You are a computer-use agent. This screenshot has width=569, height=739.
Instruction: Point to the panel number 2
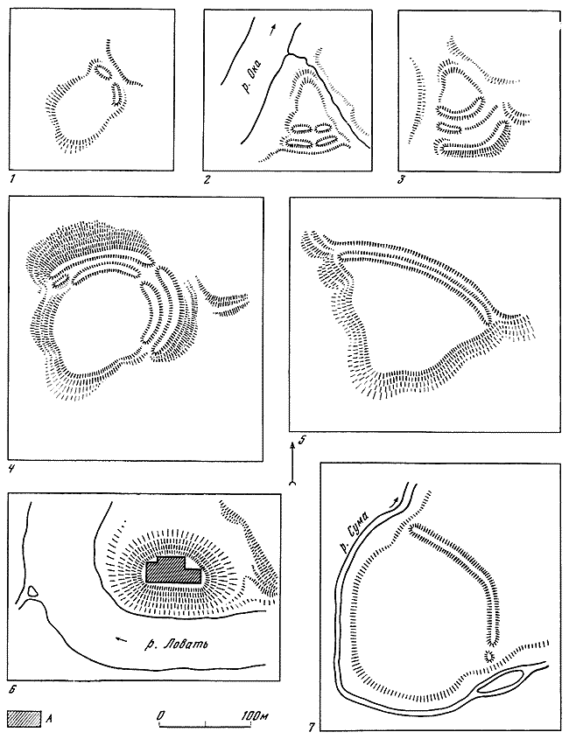tap(207, 179)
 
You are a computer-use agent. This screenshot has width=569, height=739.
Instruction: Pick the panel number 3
tap(402, 179)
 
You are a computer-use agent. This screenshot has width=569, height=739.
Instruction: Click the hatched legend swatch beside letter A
tap(24, 717)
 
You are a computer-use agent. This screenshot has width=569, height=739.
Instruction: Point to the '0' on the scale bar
tap(161, 715)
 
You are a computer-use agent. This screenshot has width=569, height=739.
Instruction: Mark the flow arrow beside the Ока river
tap(272, 30)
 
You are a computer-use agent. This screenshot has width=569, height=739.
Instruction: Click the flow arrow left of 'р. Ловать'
tap(122, 639)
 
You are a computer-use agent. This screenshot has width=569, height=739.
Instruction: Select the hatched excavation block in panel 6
tap(173, 570)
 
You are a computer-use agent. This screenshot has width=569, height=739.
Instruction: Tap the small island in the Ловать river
tap(32, 591)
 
